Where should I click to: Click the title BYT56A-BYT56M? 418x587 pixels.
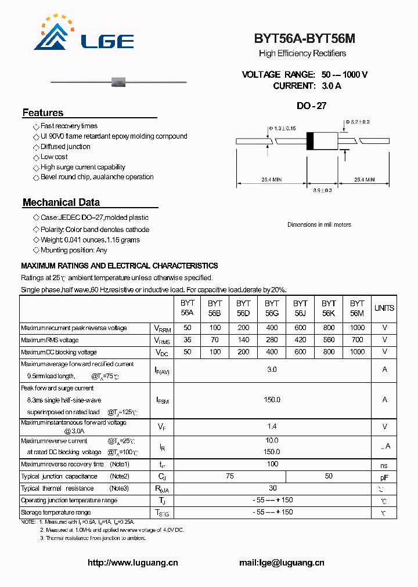(x=304, y=39)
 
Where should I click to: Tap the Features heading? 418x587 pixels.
(x=43, y=113)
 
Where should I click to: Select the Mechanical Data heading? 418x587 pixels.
(x=61, y=202)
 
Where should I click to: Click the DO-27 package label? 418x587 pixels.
(x=311, y=106)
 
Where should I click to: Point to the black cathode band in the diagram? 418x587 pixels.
(x=310, y=141)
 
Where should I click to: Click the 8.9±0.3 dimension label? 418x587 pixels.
(x=322, y=190)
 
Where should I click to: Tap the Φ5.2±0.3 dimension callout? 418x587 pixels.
(x=357, y=122)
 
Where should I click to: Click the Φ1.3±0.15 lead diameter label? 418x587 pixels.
(x=282, y=128)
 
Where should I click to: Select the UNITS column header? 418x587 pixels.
(x=384, y=308)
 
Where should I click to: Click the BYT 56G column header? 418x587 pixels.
(x=272, y=308)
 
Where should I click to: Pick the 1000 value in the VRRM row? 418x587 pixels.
(x=357, y=328)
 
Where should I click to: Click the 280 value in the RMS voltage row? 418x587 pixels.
(x=272, y=340)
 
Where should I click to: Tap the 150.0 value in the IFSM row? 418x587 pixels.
(x=272, y=400)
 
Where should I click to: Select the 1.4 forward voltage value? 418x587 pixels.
(x=272, y=426)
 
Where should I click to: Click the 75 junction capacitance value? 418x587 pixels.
(x=230, y=476)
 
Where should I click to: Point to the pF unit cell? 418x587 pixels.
(x=384, y=477)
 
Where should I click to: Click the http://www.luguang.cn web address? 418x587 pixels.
(x=133, y=563)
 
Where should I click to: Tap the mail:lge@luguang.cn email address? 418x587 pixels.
(x=282, y=563)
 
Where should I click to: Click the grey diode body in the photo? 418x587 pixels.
(x=118, y=81)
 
